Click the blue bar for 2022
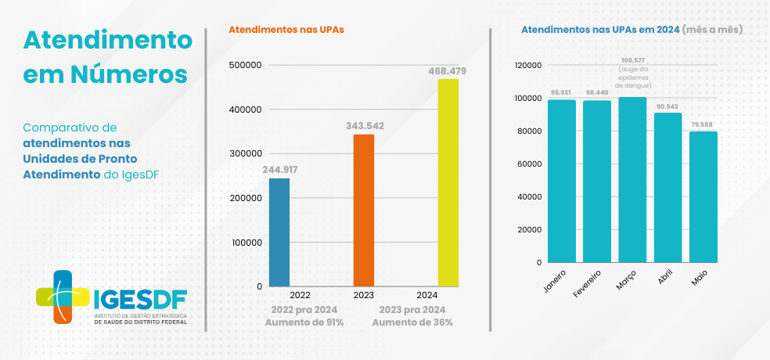(279, 232)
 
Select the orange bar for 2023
(364, 211)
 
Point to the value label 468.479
(448, 71)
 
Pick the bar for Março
(632, 179)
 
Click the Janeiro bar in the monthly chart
(561, 181)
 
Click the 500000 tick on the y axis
(245, 65)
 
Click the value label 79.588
(703, 124)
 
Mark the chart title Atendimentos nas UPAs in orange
(286, 30)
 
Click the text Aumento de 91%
(304, 322)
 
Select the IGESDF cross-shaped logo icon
(63, 297)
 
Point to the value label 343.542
(364, 125)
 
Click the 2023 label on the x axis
(363, 295)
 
